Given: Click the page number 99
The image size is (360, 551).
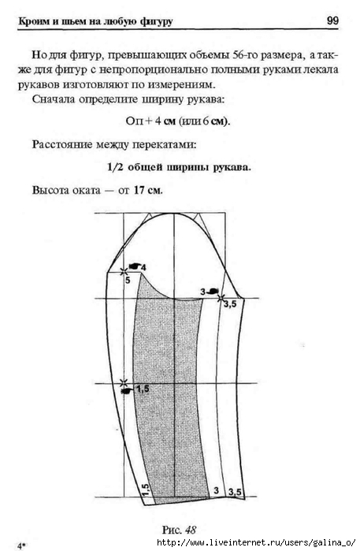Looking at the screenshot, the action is coord(332,20).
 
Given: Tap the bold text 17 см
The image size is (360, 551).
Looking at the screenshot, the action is coord(148,190).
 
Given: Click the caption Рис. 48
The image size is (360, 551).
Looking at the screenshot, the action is coord(179,530).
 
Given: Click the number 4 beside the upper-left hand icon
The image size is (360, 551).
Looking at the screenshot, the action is coord(143,267).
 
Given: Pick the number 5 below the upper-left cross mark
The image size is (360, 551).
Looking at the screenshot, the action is coord(128,280).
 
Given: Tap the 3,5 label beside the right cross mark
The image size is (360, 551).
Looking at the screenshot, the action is coord(230,304).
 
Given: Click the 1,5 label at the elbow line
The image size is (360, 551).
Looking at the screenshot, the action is coord(143,389).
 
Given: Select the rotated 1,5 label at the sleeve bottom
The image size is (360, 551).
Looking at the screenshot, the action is coord(146,490).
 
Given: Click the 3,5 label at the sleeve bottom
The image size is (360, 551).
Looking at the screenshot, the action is coord(235,493).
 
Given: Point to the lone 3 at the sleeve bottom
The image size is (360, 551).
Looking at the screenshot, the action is coord(216,490).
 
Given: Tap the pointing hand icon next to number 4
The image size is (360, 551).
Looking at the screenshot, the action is coord(134,266).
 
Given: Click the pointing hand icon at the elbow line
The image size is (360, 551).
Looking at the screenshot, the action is coord(127,391).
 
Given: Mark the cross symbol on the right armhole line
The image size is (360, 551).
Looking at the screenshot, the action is coord(221,299).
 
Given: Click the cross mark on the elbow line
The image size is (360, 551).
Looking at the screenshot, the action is coord(124,382).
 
